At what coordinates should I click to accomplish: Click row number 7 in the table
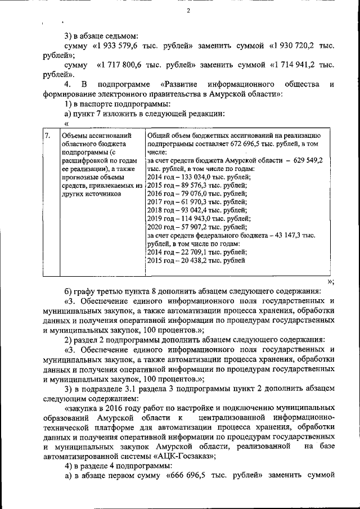[x=48, y=136]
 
